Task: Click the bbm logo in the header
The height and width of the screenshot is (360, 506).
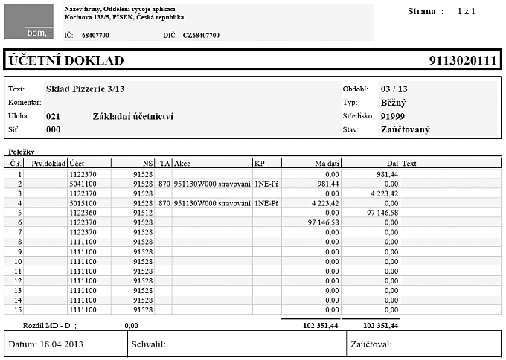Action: [x=28, y=22]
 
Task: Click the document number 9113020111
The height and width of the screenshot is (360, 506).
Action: [x=462, y=61]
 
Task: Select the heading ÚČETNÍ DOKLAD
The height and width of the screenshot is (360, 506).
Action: [x=66, y=61]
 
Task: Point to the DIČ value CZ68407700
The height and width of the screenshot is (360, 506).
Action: [x=201, y=35]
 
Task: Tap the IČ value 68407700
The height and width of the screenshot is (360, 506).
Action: [x=95, y=35]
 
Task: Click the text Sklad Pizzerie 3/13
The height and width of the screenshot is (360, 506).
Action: [x=85, y=89]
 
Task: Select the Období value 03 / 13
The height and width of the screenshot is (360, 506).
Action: [x=394, y=89]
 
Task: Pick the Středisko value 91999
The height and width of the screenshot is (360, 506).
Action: [x=392, y=116]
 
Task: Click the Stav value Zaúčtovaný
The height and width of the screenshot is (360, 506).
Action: [x=407, y=129]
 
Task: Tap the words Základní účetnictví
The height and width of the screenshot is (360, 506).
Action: [x=133, y=116]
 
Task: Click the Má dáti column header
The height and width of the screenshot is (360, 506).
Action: [x=327, y=163]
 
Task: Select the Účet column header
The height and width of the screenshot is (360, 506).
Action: [x=77, y=163]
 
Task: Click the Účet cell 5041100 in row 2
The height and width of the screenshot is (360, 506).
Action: [x=83, y=183]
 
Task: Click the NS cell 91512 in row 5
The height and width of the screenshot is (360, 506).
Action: [x=143, y=212]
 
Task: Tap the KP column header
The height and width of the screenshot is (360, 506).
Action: [x=259, y=163]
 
